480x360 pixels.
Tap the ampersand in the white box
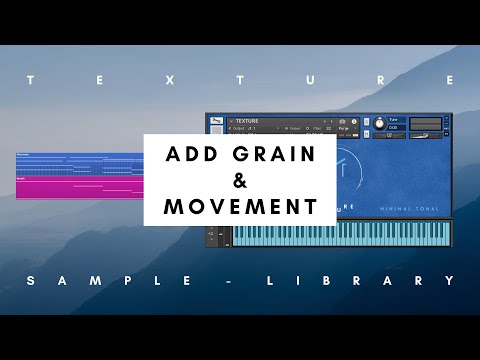coord(239,181)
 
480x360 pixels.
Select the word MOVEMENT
coord(239,207)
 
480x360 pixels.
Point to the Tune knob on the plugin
coord(379,123)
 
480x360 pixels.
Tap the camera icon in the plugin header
coord(341,121)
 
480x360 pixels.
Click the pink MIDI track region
coord(80,188)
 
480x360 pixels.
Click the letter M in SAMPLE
coord(99,281)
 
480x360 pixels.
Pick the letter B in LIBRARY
coord(346,281)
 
